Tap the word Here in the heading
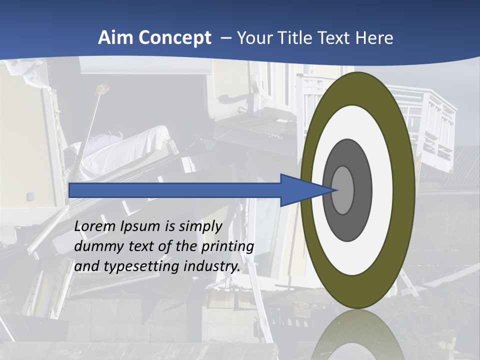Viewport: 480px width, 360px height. click(x=374, y=38)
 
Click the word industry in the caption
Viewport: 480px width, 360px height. click(x=211, y=266)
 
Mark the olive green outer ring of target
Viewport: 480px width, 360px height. click(x=406, y=190)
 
